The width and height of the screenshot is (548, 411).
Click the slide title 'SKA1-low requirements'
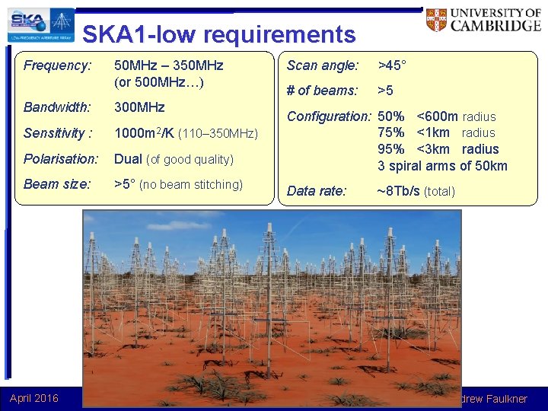218,34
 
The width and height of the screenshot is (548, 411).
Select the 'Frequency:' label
57,65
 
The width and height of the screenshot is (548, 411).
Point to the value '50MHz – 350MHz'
168,65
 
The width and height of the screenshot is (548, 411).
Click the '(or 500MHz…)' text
159,81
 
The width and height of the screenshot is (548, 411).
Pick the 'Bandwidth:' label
57,108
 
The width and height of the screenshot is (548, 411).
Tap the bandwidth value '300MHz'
139,108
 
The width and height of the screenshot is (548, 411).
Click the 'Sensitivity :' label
58,133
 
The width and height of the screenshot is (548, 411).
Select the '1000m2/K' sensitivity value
144,133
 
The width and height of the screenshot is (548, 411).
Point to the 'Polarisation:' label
61,159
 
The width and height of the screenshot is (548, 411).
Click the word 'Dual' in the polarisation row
128,159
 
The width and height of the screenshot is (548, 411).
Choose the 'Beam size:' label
57,184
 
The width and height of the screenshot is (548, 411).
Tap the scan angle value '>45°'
393,65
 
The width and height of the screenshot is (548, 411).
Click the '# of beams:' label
322,91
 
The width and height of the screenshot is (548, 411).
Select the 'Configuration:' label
328,116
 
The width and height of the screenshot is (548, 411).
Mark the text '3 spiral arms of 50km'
442,166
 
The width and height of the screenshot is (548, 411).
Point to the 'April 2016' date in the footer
34,397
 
